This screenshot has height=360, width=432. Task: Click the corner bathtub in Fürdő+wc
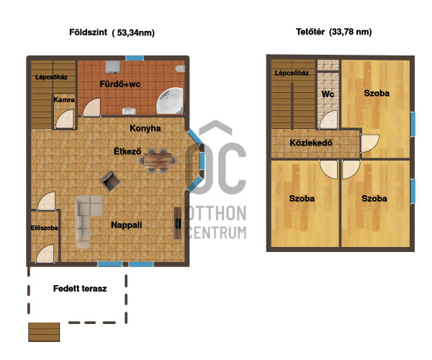pyautogui.click(x=170, y=101)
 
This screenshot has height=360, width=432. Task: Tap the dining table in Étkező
pyautogui.click(x=158, y=161)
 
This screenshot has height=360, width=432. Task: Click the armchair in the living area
pyautogui.click(x=110, y=181)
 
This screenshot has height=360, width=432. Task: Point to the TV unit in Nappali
pyautogui.click(x=178, y=222)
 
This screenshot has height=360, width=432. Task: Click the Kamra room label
pyautogui.click(x=64, y=99)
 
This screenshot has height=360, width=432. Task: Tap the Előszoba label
pyautogui.click(x=45, y=228)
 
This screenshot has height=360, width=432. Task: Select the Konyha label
pyautogui.click(x=145, y=128)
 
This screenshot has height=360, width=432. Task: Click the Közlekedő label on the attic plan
pyautogui.click(x=311, y=143)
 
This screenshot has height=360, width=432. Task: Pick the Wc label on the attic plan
pyautogui.click(x=328, y=94)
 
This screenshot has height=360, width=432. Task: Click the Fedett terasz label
pyautogui.click(x=80, y=289)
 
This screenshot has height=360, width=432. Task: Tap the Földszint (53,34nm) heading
pyautogui.click(x=112, y=32)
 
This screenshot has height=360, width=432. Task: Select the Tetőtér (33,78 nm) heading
pyautogui.click(x=334, y=32)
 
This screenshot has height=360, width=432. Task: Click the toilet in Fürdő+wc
pyautogui.click(x=181, y=68)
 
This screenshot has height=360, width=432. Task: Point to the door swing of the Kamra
pyautogui.click(x=65, y=119)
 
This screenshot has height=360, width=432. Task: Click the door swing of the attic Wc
pyautogui.click(x=328, y=120)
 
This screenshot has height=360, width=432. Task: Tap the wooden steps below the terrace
pyautogui.click(x=44, y=332)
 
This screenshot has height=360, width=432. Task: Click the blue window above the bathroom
pyautogui.click(x=135, y=58)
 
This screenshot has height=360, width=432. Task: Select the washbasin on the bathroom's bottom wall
pyautogui.click(x=129, y=111)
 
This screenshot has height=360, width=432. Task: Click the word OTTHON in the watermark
pyautogui.click(x=216, y=213)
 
